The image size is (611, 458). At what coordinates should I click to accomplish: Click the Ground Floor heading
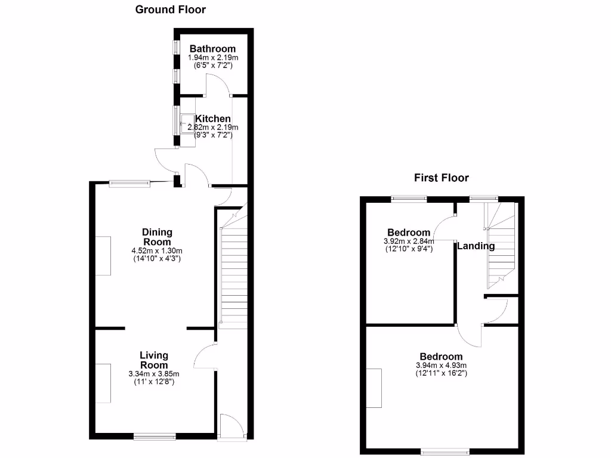point(170,9)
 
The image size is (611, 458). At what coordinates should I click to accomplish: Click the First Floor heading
point(442,178)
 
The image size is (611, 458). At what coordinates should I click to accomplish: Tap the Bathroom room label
point(212,48)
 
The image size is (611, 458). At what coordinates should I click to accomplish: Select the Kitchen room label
point(213,119)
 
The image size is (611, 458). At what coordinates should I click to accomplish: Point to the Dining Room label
point(157,237)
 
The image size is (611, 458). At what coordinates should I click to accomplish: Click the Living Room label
point(154,360)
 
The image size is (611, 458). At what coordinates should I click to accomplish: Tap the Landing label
point(476,246)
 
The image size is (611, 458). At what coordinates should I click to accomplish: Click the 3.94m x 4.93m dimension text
point(441,366)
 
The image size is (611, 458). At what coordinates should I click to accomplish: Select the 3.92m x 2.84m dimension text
point(408,241)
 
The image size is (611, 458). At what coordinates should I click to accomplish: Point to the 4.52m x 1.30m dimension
point(157,251)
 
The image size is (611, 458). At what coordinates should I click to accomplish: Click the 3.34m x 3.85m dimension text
point(154,374)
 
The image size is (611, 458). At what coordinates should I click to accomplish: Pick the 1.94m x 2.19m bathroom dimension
point(212,57)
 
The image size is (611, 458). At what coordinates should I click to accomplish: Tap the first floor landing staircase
point(500,245)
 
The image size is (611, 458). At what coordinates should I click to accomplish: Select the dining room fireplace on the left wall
point(103,255)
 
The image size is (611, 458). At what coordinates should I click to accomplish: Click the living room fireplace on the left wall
point(103,382)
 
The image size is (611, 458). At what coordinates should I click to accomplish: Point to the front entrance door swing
point(232,425)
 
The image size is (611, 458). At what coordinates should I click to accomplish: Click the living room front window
point(155,437)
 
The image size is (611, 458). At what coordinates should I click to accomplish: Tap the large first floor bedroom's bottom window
point(445,452)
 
